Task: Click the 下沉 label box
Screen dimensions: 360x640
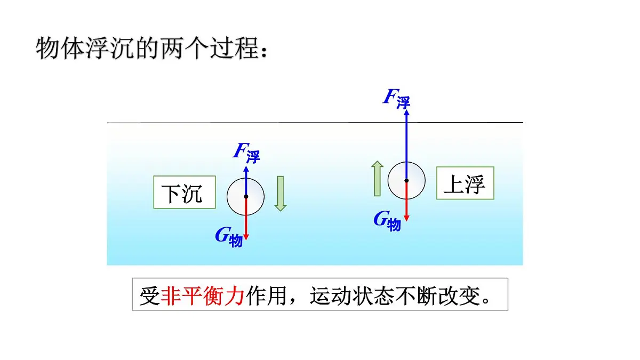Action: pyautogui.click(x=185, y=192)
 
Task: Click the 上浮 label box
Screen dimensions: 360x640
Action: pyautogui.click(x=465, y=183)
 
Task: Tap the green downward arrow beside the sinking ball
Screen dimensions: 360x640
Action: pyautogui.click(x=281, y=194)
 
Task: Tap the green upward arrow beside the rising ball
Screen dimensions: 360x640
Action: pyautogui.click(x=377, y=179)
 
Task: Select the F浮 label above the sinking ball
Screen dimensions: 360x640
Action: pyautogui.click(x=246, y=152)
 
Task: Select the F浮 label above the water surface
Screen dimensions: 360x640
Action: pyautogui.click(x=397, y=98)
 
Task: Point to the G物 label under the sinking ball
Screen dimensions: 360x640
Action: pyautogui.click(x=229, y=236)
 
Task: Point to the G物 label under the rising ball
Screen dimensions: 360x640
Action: pyautogui.click(x=387, y=220)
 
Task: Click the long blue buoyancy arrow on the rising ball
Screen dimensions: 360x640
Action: pyautogui.click(x=406, y=139)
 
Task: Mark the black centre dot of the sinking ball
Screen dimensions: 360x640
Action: pyautogui.click(x=246, y=197)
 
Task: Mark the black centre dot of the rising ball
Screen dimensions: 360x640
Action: pyautogui.click(x=406, y=181)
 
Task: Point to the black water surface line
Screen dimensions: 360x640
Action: pyautogui.click(x=315, y=123)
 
